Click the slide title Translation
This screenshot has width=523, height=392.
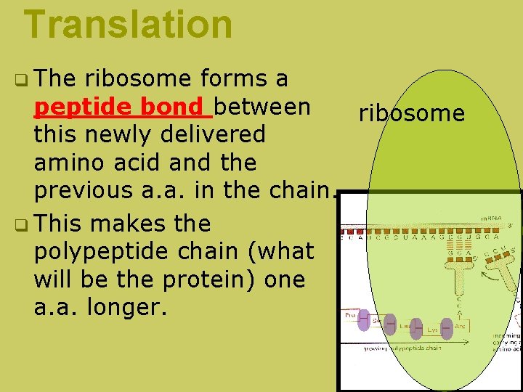[128, 23]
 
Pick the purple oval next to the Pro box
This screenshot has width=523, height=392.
[363, 321]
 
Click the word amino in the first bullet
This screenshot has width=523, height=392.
[73, 163]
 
